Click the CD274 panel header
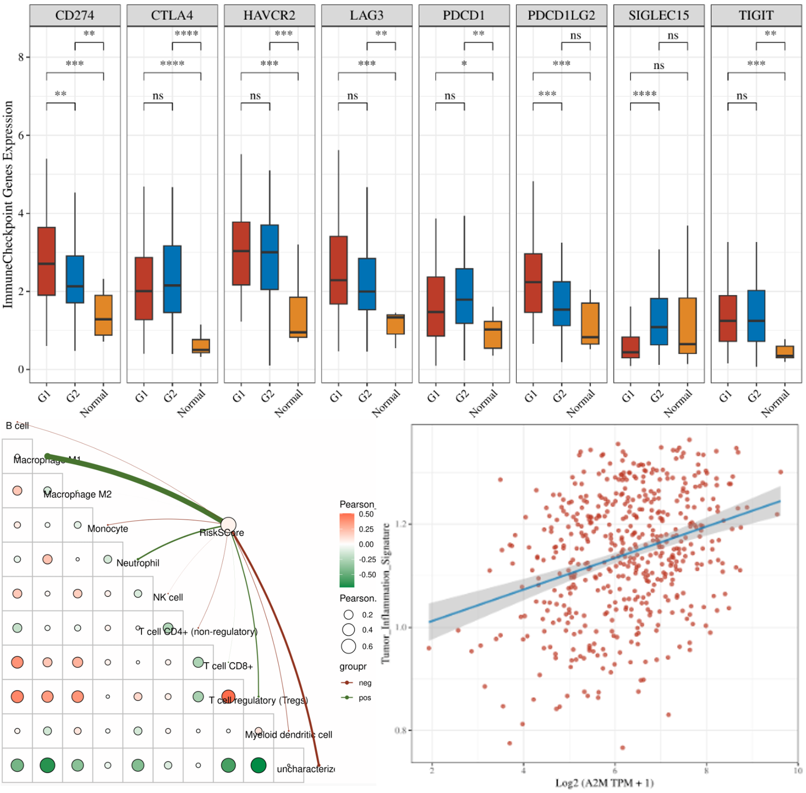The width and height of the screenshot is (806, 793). [75, 15]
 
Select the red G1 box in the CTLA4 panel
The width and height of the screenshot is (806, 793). [144, 288]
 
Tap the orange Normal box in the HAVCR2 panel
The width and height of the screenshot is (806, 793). [298, 317]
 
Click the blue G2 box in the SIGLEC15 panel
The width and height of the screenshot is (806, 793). [659, 321]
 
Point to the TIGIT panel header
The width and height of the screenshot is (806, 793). [756, 15]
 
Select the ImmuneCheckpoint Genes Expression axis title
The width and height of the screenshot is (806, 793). [8, 204]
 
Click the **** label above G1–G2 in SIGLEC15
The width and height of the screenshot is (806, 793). [644, 94]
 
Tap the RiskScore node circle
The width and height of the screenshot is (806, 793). [228, 524]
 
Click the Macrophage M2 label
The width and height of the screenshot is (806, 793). [77, 495]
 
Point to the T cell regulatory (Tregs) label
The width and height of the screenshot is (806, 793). [259, 700]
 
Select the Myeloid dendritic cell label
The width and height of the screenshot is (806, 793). [289, 735]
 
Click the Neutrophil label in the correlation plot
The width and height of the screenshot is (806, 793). [138, 563]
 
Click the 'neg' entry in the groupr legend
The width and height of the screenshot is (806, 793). [365, 683]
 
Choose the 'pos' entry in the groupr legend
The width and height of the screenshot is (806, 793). [365, 698]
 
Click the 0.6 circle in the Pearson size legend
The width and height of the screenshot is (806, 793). [349, 646]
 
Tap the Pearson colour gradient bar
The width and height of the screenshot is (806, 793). [347, 550]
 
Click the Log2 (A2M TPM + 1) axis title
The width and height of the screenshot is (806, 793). [604, 783]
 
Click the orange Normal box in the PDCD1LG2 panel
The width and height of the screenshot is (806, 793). [590, 323]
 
